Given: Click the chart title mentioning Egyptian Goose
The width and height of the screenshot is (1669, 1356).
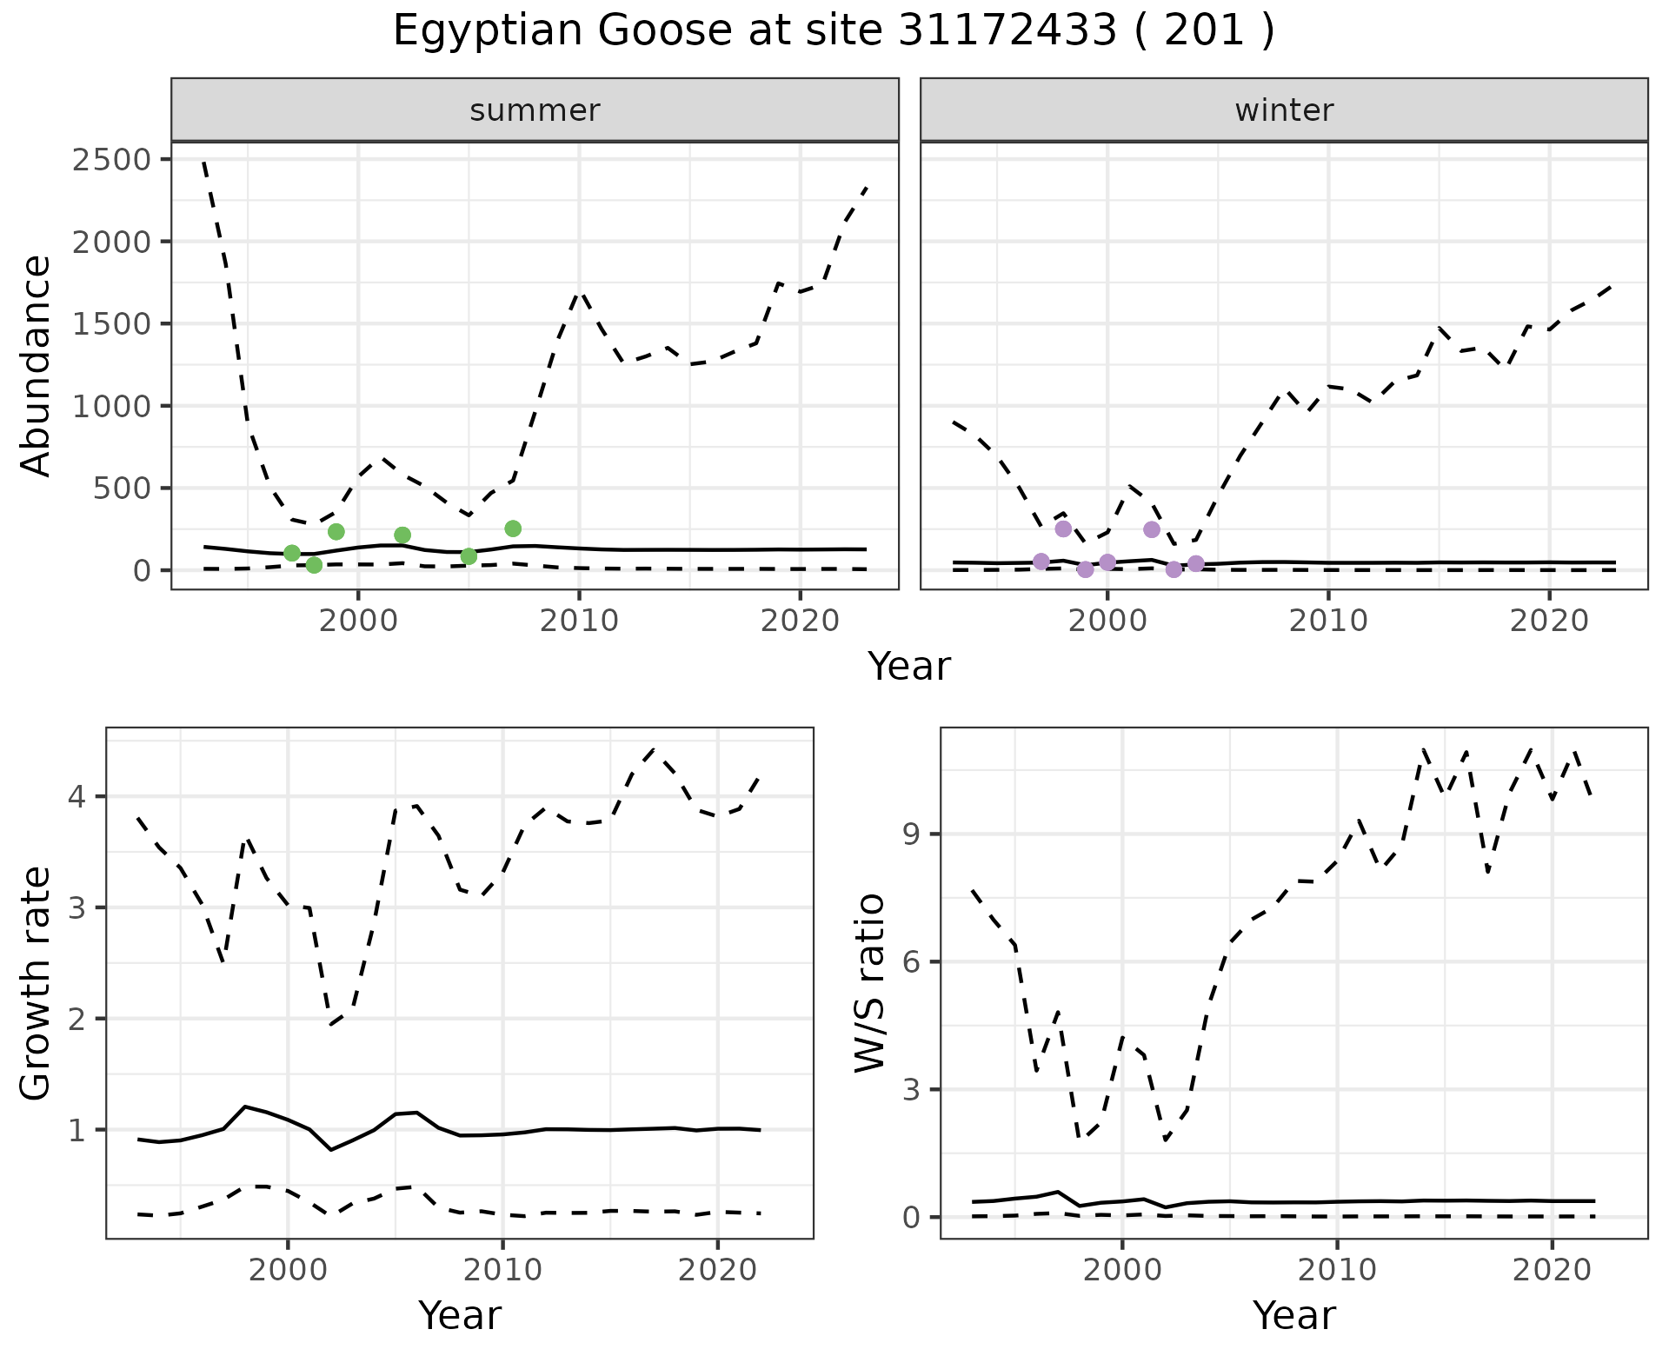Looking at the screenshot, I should point(834,32).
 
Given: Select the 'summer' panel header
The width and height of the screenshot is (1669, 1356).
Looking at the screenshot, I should point(535,110).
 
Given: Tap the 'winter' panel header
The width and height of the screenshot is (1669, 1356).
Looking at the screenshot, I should point(1284,110).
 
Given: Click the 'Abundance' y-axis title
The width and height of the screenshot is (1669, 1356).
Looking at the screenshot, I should point(37,365).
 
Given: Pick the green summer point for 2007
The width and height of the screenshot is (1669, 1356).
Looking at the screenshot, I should point(513,528).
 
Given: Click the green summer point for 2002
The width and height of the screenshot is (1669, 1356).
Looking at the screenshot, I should point(402,535).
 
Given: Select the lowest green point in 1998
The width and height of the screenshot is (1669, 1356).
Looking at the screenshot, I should point(314,565).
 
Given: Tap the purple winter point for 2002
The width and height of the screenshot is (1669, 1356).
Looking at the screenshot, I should point(1152,529).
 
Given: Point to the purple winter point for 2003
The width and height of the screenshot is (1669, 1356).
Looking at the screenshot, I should point(1174,569).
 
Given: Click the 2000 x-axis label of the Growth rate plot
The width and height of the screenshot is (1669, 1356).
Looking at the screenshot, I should point(288,1270).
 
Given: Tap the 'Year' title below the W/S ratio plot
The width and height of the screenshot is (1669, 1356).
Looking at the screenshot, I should point(1293,1315).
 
